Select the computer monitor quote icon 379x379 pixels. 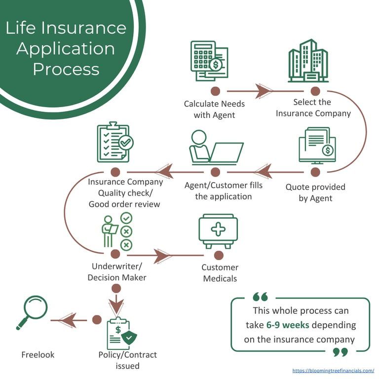pos(317,145)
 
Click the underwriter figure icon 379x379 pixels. pos(116,230)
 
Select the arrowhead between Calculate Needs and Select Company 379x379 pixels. pos(264,91)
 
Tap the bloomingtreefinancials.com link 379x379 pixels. pos(333,370)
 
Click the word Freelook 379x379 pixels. pos(38,354)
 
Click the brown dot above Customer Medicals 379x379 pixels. pos(219,255)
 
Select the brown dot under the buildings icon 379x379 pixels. pos(315,91)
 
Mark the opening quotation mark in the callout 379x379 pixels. pos(260,297)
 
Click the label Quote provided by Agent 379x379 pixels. pos(315,192)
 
